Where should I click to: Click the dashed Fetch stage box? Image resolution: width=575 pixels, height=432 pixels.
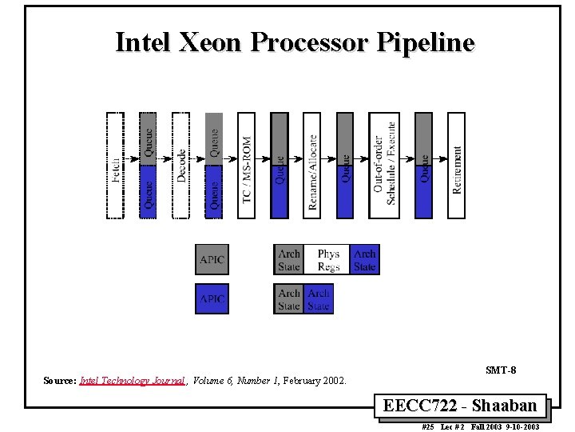pos(116,165)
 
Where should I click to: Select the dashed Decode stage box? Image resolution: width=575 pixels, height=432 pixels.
pos(181,165)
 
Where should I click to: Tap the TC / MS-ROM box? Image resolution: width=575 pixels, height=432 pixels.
pos(247,165)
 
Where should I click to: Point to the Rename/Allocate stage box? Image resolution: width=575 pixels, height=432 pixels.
pos(312,165)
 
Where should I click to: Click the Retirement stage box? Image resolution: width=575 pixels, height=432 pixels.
pos(456,165)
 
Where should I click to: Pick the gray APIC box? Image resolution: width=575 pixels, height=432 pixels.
pos(212,259)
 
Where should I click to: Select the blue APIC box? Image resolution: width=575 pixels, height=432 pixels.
pos(212,298)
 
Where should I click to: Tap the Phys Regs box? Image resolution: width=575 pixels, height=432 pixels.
pos(328,259)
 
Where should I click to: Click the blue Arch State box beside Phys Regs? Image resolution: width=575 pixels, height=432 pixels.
pos(365,259)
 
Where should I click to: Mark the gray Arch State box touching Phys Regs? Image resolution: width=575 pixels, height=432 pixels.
pos(289,259)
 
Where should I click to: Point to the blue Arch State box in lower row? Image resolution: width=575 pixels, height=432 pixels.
pos(319,298)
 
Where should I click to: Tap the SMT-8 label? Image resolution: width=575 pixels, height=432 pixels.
pos(501,370)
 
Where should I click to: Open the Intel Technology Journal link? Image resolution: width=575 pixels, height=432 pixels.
pos(132,382)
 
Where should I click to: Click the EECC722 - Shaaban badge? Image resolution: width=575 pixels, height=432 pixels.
pos(465,406)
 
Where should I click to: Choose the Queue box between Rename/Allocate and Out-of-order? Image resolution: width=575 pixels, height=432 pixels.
pos(345,165)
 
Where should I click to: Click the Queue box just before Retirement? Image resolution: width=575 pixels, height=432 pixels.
pos(423,165)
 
